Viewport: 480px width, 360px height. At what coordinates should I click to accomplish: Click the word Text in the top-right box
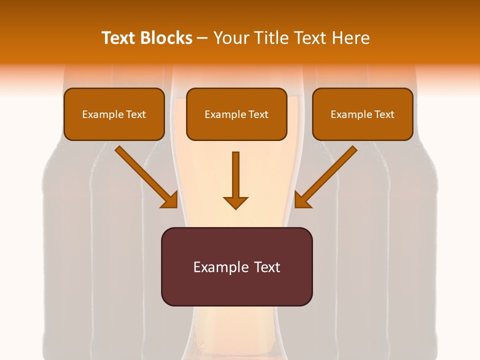coord(384,114)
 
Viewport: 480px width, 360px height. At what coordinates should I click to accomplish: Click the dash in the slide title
coord(202,38)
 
